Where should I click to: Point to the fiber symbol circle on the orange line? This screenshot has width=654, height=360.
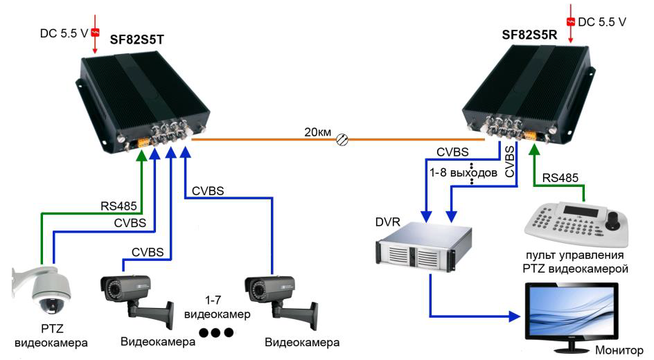341,140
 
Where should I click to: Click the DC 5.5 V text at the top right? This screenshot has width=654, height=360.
602,22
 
